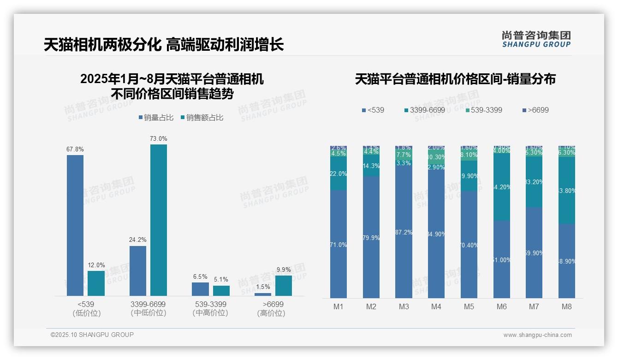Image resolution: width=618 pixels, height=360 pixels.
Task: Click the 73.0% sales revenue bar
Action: (x=158, y=220)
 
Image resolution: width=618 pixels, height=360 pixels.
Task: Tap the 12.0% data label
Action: (x=96, y=265)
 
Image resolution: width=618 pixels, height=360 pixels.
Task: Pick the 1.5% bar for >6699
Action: (x=263, y=294)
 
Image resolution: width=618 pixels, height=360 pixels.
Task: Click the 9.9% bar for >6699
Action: (x=283, y=285)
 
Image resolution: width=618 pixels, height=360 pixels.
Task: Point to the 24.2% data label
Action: (x=138, y=240)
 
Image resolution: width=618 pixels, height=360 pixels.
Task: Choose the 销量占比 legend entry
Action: (x=156, y=118)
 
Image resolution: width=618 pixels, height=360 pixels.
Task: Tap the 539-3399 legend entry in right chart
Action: (x=484, y=110)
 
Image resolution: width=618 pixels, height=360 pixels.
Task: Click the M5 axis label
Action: (x=469, y=306)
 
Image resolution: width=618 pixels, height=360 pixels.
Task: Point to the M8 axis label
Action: (x=567, y=306)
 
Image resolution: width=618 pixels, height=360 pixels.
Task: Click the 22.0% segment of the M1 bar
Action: (x=339, y=174)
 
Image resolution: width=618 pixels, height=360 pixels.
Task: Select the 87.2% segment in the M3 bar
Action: (x=404, y=232)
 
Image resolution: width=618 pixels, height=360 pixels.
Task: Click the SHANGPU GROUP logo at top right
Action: (x=536, y=39)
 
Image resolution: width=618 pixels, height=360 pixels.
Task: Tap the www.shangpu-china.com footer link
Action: (x=537, y=335)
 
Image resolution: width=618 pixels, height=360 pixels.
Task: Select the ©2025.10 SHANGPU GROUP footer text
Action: (x=92, y=335)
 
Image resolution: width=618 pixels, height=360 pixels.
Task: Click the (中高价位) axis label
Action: (x=210, y=313)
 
